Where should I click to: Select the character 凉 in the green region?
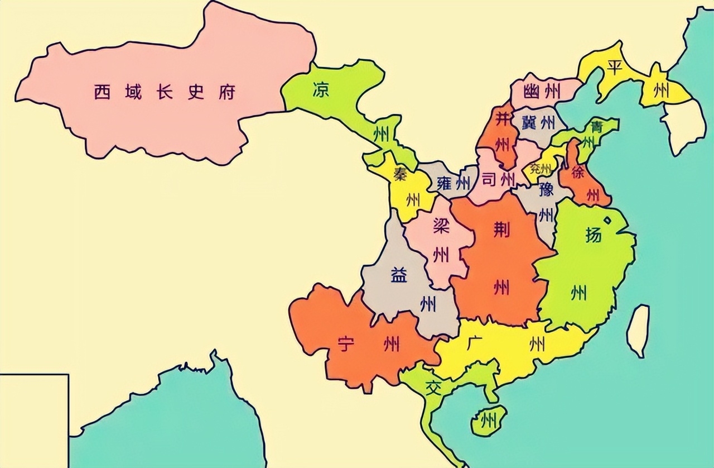pyautogui.click(x=321, y=89)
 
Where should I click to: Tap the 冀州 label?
pyautogui.click(x=539, y=122)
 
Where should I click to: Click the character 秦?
pyautogui.click(x=399, y=174)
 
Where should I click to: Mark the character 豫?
pyautogui.click(x=546, y=190)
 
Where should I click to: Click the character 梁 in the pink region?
pyautogui.click(x=441, y=226)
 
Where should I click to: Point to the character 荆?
pyautogui.click(x=501, y=229)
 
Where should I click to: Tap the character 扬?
pyautogui.click(x=593, y=235)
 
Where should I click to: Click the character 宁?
pyautogui.click(x=346, y=345)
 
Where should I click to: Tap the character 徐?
pyautogui.click(x=577, y=173)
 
